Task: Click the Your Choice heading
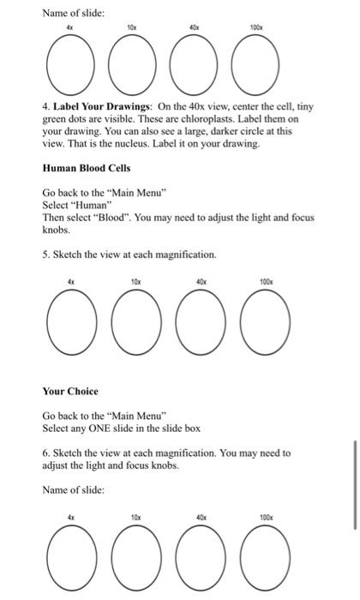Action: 71,391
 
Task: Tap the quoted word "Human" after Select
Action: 84,207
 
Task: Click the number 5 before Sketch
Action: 45,255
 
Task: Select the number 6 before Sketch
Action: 45,453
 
